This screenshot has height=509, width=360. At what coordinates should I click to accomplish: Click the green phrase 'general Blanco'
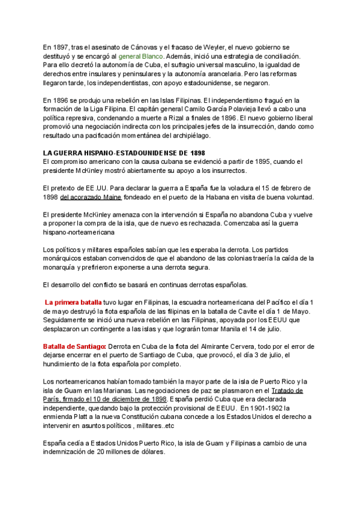pyautogui.click(x=138, y=55)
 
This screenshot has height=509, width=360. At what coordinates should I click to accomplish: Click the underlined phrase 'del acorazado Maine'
pyautogui.click(x=91, y=197)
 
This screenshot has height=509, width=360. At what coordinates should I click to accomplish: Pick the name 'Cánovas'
pyautogui.click(x=139, y=47)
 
